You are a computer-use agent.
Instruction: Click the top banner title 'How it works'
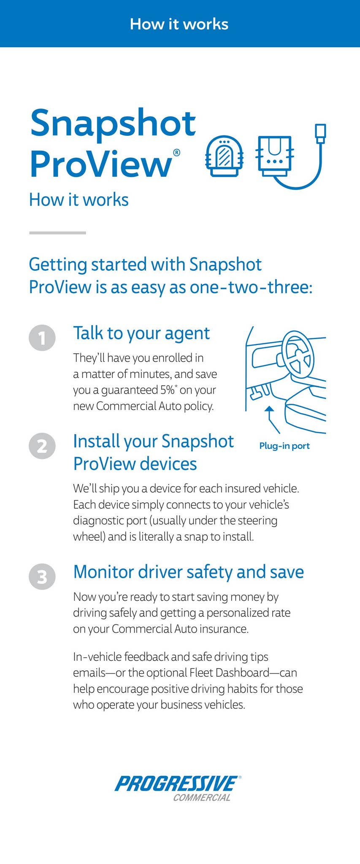179,24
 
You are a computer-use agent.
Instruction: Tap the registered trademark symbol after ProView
177,152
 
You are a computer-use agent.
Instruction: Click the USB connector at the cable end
321,132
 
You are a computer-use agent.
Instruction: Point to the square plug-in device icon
275,156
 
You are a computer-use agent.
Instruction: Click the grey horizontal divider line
57,232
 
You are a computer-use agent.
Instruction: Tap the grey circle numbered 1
42,338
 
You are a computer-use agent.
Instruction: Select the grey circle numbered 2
42,446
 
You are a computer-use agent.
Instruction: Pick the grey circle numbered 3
42,577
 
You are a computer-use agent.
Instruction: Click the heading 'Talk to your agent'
141,333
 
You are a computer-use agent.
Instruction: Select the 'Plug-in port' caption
284,446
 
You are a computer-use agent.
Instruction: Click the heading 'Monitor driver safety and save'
189,572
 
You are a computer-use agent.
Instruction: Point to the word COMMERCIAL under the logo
202,797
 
